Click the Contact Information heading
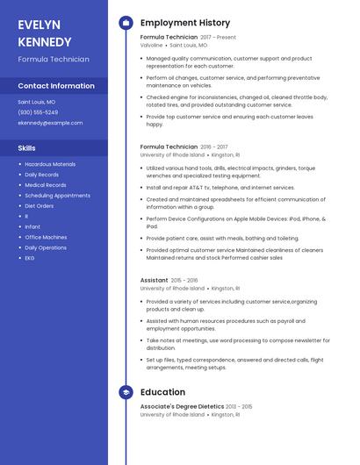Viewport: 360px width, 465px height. coord(56,86)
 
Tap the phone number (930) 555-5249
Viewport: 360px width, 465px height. coord(38,112)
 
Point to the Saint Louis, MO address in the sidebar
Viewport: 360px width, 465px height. coord(38,102)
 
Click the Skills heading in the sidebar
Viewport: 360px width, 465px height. coord(26,148)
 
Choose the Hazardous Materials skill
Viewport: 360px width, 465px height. coord(50,164)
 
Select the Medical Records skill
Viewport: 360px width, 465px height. coord(46,185)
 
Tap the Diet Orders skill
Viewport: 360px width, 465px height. coord(40,206)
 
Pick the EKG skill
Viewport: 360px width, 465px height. coord(30,258)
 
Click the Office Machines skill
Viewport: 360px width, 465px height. coord(46,237)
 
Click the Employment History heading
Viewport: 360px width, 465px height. coord(185,23)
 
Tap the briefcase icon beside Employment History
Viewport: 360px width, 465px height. coord(126,23)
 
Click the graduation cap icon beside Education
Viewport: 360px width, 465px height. coord(126,392)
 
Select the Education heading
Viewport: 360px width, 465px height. coord(162,392)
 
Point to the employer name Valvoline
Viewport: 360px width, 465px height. coord(152,45)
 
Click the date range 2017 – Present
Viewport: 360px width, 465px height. coord(219,38)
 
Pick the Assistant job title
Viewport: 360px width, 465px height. coord(154,281)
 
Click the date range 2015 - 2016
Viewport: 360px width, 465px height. coord(185,281)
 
